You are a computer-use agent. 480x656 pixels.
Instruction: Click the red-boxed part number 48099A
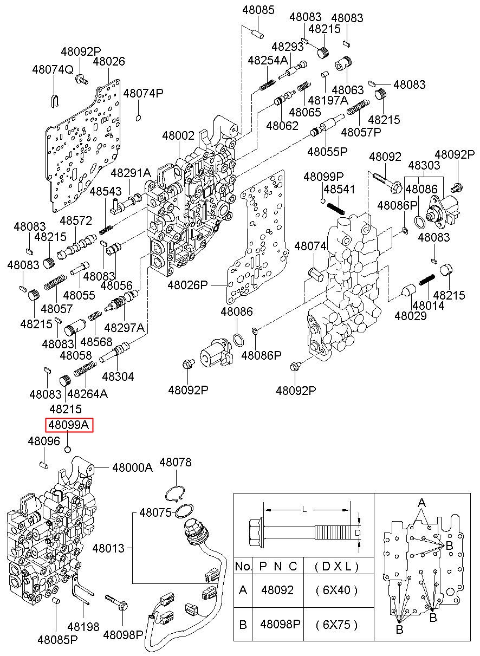[x=69, y=425]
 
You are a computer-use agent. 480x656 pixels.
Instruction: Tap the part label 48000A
[x=133, y=468]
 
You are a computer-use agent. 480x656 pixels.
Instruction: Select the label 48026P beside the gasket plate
[x=188, y=285]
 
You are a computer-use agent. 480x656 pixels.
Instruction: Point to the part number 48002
[x=178, y=135]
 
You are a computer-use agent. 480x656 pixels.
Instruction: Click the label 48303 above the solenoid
[x=424, y=165]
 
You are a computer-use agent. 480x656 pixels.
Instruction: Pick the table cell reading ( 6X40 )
[x=337, y=590]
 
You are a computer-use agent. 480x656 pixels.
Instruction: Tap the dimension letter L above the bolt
[x=304, y=510]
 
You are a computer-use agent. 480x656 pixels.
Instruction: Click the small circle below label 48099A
[x=68, y=449]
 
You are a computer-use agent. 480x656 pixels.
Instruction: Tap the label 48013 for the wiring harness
[x=108, y=548]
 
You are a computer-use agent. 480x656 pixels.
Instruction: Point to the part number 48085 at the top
[x=258, y=10]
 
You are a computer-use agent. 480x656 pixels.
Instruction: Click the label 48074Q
[x=53, y=70]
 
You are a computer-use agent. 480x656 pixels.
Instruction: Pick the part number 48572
[x=76, y=220]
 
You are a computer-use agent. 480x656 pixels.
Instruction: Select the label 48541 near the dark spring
[x=340, y=189]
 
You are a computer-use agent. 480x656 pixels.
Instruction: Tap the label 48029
[x=411, y=316]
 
